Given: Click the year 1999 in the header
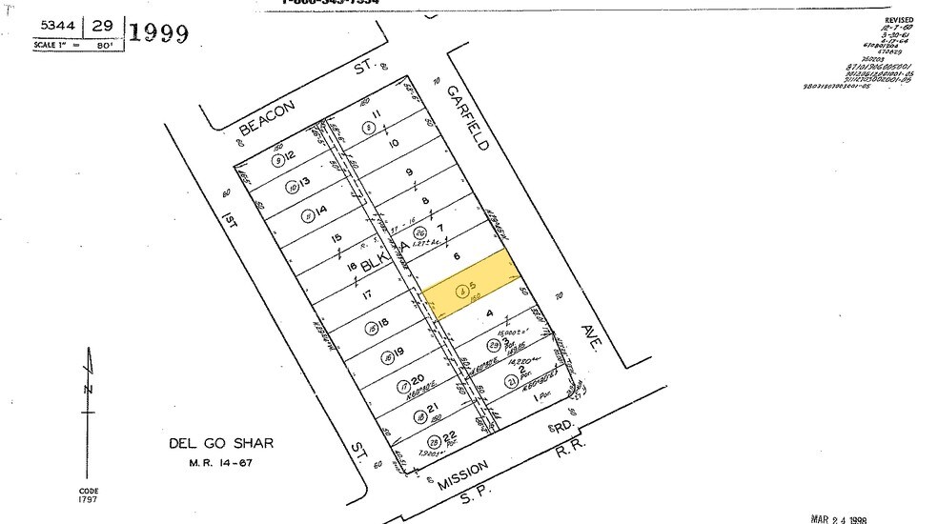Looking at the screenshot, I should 158,33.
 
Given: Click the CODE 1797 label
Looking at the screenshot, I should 88,494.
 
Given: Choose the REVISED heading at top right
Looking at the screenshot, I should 898,19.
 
